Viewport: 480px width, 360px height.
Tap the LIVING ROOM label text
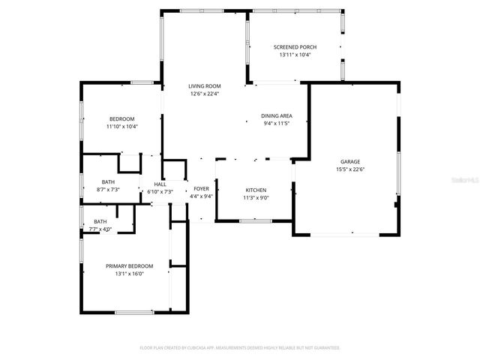[x=204, y=86]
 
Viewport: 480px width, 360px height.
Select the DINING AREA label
[x=276, y=115]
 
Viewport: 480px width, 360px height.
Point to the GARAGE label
[x=350, y=161]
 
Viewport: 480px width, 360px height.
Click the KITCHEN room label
[x=256, y=190]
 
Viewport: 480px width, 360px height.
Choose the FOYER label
[x=201, y=189]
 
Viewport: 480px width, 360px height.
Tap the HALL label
[x=160, y=184]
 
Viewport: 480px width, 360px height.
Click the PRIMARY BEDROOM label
[x=129, y=266]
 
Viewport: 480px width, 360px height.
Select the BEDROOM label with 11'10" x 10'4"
[x=121, y=119]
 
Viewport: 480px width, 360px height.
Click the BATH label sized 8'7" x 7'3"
[x=109, y=182]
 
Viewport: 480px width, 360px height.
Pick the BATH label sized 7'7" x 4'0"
[x=100, y=221]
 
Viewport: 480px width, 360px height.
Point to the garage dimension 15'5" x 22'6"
[x=350, y=169]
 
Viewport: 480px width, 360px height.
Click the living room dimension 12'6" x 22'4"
[x=204, y=94]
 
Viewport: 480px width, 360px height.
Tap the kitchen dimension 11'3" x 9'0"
[x=256, y=198]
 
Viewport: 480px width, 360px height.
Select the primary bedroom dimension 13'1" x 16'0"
[x=129, y=274]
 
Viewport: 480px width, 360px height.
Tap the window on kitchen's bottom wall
[x=255, y=220]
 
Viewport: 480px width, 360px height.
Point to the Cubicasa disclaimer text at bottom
[x=240, y=348]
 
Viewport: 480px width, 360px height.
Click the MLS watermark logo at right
[x=466, y=181]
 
